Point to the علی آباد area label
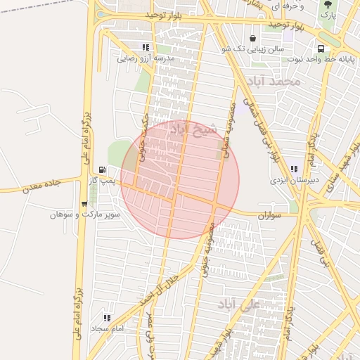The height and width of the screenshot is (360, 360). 240,304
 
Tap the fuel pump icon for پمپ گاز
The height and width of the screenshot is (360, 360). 103,169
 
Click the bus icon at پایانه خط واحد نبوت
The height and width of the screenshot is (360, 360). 321,49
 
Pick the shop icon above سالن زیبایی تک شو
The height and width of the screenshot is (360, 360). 252,38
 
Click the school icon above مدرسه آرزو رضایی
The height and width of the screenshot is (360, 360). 146,47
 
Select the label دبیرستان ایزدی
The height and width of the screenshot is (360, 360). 295,181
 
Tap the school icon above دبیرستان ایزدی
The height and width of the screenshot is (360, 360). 294,169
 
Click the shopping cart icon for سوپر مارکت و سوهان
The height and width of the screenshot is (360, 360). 84,204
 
